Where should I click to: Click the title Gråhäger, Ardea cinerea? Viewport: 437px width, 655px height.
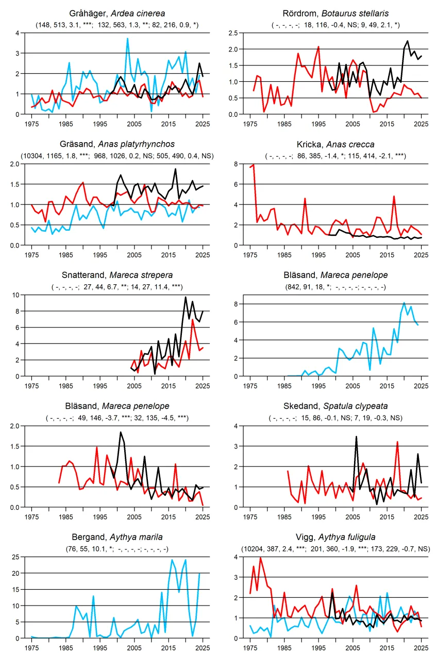point(117,13)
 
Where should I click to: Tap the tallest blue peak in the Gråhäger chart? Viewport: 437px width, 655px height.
point(128,39)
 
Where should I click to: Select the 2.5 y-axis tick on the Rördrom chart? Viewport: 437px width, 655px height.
point(233,33)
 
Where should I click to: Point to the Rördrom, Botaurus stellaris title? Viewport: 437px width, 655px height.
point(335,13)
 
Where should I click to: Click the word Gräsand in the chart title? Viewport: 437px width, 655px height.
point(77,144)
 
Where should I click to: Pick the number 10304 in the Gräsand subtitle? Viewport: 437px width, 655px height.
point(32,156)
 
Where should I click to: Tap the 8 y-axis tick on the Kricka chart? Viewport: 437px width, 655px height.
point(236,164)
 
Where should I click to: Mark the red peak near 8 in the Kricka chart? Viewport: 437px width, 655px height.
point(254,165)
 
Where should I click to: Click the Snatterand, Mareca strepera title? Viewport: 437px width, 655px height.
point(117,275)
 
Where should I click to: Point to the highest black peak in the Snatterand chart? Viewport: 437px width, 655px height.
point(186,298)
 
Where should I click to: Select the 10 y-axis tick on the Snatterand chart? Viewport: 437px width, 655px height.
point(15,295)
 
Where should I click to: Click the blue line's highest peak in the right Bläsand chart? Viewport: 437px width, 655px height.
point(404,303)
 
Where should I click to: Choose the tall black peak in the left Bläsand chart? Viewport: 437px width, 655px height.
point(121,432)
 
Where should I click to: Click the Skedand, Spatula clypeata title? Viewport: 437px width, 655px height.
point(335,406)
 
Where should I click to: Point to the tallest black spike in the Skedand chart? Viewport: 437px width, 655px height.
point(356,437)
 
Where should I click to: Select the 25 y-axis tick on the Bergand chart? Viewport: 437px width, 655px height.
point(15,557)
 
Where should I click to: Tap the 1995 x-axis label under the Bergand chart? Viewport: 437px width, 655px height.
point(100,648)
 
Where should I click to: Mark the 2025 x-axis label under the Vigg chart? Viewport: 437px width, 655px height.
point(421,648)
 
